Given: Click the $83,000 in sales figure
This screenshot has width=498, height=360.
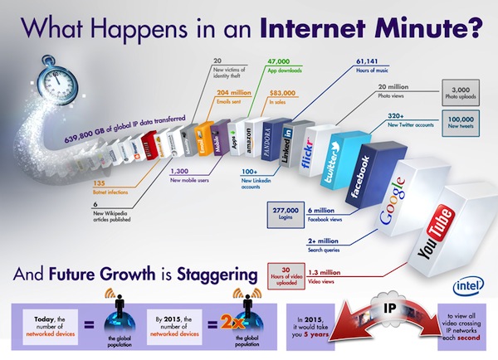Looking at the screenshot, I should tap(284, 93).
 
